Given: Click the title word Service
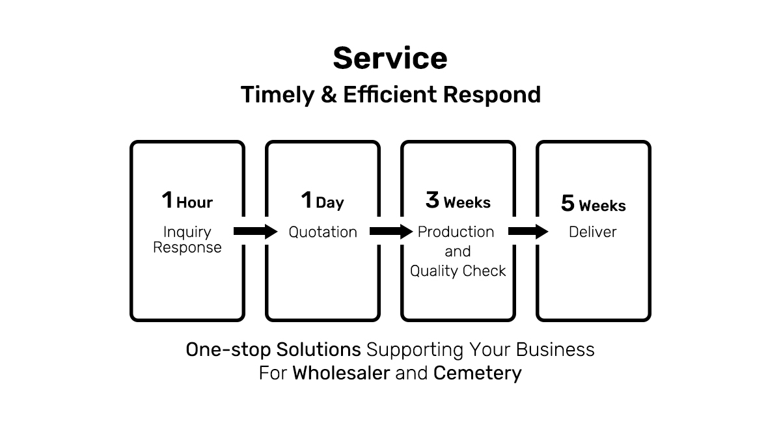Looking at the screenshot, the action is pyautogui.click(x=390, y=58).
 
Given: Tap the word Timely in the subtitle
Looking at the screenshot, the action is pyautogui.click(x=277, y=95).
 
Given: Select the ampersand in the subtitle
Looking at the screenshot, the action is pyautogui.click(x=329, y=94).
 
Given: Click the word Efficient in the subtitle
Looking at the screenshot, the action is pyautogui.click(x=390, y=94).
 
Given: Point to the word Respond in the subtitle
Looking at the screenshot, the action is pyautogui.click(x=492, y=95).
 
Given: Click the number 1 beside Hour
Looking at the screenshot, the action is pyautogui.click(x=167, y=200).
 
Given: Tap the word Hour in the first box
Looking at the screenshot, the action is pyautogui.click(x=195, y=202).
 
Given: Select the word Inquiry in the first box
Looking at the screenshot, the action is pyautogui.click(x=187, y=232).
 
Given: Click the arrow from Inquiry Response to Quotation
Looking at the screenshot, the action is pyautogui.click(x=256, y=231).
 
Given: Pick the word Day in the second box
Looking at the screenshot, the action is pyautogui.click(x=330, y=203).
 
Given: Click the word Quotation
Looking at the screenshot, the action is pyautogui.click(x=323, y=232).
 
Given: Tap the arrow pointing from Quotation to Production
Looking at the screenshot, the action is pyautogui.click(x=391, y=231).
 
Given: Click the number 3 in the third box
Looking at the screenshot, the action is pyautogui.click(x=432, y=200).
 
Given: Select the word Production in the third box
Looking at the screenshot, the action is pyautogui.click(x=456, y=232).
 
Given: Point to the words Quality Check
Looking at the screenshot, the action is pyautogui.click(x=458, y=271).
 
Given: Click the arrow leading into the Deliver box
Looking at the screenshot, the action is pyautogui.click(x=528, y=231).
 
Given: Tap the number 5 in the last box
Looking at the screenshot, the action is pyautogui.click(x=568, y=203).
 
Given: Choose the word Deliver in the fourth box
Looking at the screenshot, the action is pyautogui.click(x=593, y=232).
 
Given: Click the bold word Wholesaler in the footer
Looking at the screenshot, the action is pyautogui.click(x=341, y=373).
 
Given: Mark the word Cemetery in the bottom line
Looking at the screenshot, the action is pyautogui.click(x=477, y=374).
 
